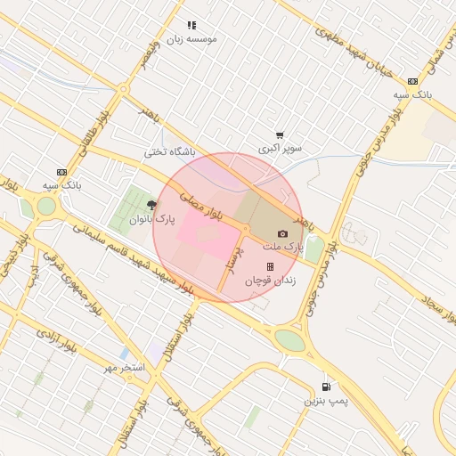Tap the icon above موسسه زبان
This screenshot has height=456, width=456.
(191, 26)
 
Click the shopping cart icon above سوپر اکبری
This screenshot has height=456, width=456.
(281, 134)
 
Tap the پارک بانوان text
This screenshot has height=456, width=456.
(152, 217)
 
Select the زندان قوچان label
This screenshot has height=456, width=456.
(270, 280)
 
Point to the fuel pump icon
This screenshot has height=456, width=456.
(327, 387)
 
